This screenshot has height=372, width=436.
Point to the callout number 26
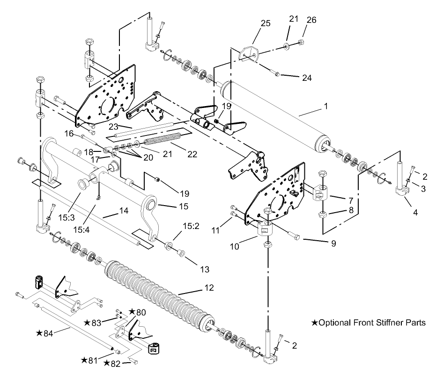pos(311,20)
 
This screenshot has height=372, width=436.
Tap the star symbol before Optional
pos(314,322)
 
